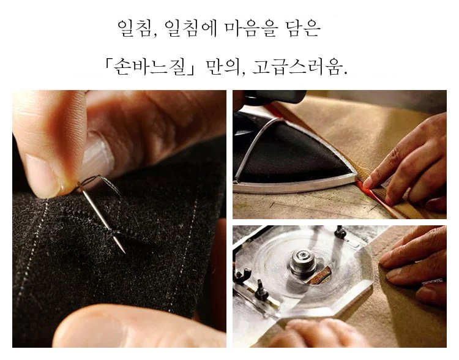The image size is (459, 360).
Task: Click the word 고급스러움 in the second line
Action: point(297,67)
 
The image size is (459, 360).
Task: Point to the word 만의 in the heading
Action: point(222,67)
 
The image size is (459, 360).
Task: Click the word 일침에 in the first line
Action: point(190,28)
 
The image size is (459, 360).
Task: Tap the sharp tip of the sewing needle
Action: point(124,252)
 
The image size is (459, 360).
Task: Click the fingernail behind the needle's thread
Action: point(98,156)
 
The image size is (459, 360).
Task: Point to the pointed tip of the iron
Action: point(356,176)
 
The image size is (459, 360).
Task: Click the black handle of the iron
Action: point(275,96)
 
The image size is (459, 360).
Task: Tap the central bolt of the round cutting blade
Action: point(303,261)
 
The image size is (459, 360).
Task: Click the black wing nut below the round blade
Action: point(261,291)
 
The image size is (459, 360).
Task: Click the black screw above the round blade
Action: point(340,232)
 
